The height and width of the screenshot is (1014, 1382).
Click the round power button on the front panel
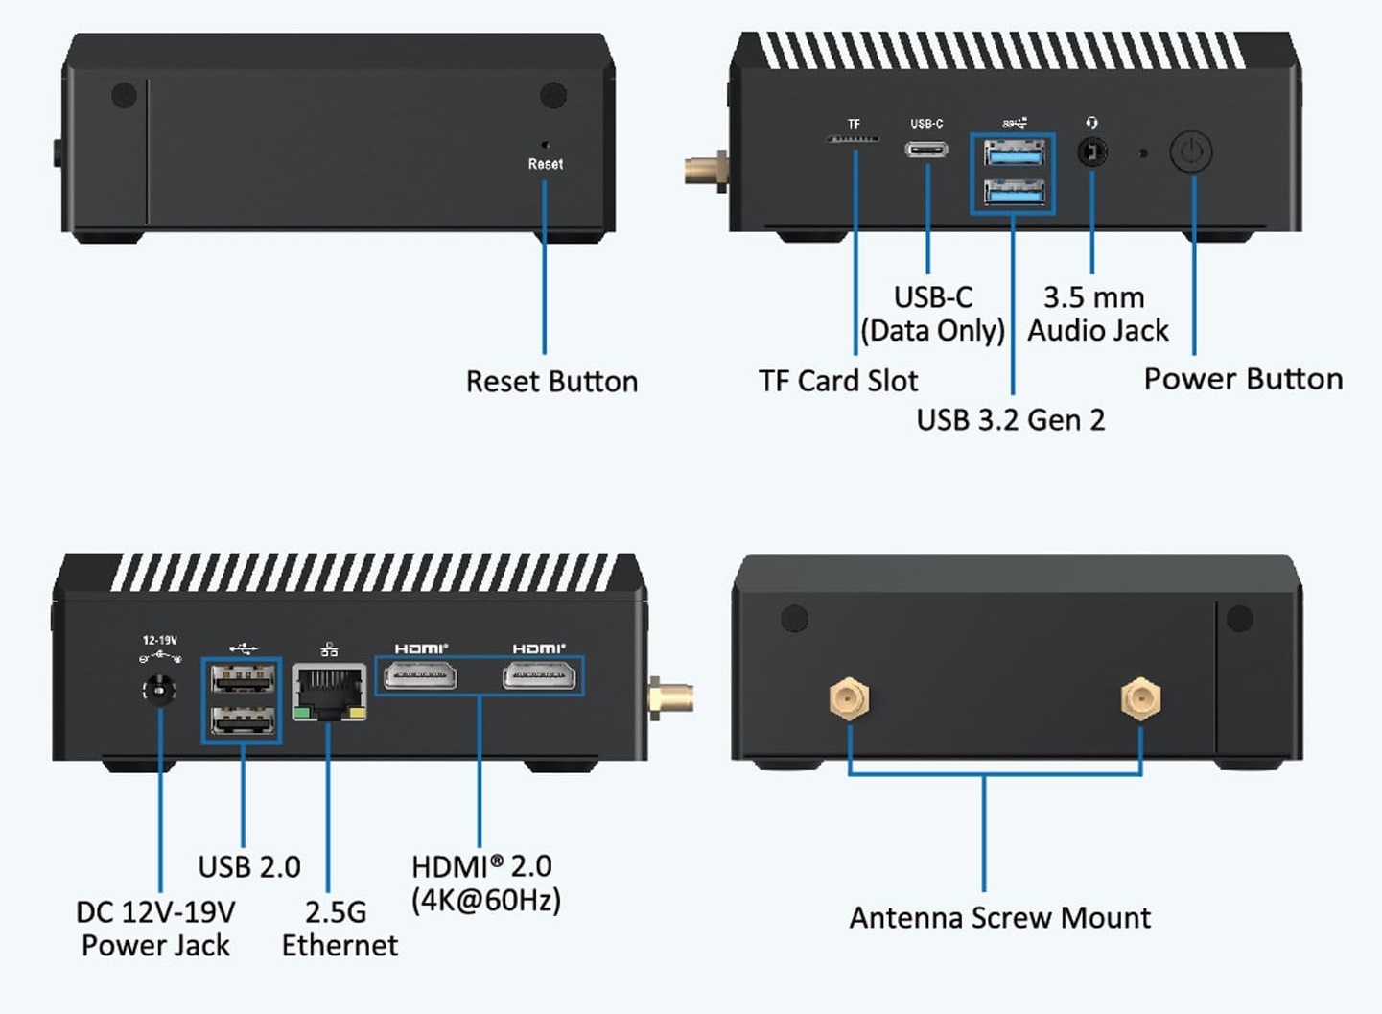click(x=1191, y=152)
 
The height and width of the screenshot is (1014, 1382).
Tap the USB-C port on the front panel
click(x=926, y=150)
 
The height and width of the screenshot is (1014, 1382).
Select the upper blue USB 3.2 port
click(x=1013, y=153)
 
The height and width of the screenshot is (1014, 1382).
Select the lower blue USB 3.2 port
click(x=1013, y=192)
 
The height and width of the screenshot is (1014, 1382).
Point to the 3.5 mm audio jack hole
click(x=1091, y=152)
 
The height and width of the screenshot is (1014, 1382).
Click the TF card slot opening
click(x=853, y=140)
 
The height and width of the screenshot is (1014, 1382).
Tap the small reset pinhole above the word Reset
click(x=545, y=145)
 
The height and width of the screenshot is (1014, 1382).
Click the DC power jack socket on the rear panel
click(x=158, y=691)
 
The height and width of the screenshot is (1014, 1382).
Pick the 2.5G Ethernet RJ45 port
click(x=329, y=691)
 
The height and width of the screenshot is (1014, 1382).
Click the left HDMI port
click(x=420, y=677)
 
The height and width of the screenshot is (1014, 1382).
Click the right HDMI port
click(x=539, y=677)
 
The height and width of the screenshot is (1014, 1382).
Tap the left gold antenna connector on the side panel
click(x=850, y=698)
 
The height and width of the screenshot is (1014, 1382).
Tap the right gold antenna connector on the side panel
click(x=1140, y=698)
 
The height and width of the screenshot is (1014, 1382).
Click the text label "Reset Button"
click(x=551, y=382)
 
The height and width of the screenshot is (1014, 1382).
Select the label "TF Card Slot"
click(x=838, y=381)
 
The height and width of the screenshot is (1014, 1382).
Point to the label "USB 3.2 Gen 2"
click(x=1011, y=420)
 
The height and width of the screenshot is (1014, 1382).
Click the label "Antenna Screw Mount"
click(x=999, y=918)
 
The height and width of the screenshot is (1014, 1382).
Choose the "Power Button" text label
click(x=1243, y=379)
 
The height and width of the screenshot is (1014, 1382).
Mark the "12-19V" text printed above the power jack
click(x=159, y=640)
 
